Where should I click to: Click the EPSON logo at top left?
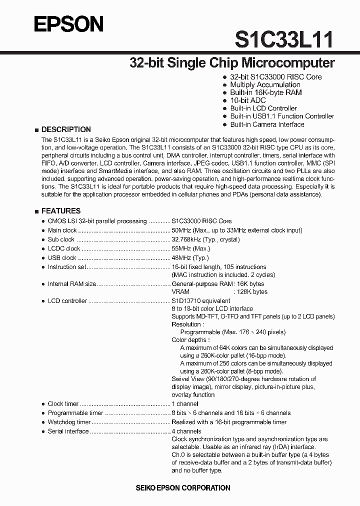(x=69, y=24)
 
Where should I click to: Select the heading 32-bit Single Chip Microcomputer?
(x=231, y=63)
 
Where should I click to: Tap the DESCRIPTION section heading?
(x=65, y=129)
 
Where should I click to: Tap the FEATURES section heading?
(x=60, y=211)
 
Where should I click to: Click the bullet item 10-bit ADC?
(x=247, y=100)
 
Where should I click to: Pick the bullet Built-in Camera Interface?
(x=266, y=124)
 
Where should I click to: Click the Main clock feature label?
(x=62, y=230)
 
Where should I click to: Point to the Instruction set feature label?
(x=67, y=267)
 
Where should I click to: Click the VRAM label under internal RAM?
(x=180, y=291)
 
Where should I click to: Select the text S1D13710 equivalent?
(x=201, y=301)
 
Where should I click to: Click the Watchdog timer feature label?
(x=69, y=422)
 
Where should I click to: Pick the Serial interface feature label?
(x=68, y=431)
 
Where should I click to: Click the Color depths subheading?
(x=190, y=340)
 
